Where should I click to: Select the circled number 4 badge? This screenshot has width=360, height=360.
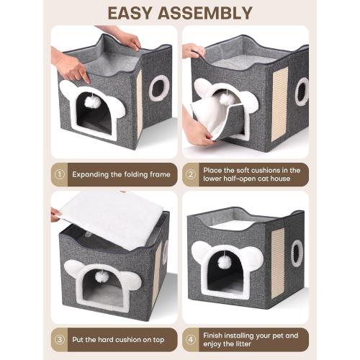pos(191,338)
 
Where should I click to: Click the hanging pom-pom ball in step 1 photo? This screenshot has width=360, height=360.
pos(93,102)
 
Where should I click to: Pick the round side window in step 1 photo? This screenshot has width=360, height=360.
pos(159,87)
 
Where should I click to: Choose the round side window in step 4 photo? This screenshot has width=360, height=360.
pos(296,252)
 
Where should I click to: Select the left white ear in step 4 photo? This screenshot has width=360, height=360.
pos(201,253)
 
